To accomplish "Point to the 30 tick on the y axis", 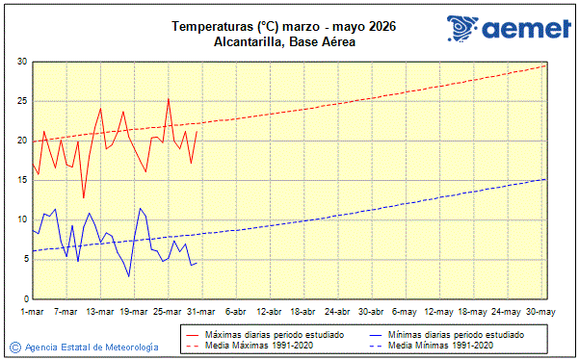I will [21, 62].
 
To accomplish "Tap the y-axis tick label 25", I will [21, 101].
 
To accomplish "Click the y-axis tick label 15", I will [21, 180].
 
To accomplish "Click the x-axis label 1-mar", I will [32, 312].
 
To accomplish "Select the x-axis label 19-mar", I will [134, 312].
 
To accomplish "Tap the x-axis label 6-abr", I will [236, 312].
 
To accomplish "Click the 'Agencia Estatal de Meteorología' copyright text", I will [92, 347].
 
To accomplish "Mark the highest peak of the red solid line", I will [169, 98].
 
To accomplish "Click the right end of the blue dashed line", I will [546, 179].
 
